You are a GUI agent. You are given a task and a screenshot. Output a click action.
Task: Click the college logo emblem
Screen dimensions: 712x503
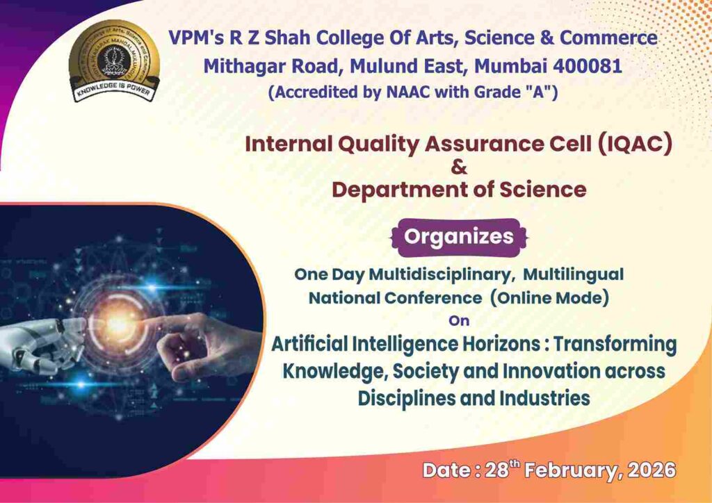[x=114, y=60]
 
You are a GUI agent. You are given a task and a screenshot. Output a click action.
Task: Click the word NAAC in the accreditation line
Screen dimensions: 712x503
[x=407, y=92]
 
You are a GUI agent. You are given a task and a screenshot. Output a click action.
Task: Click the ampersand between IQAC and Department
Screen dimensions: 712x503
[x=459, y=167]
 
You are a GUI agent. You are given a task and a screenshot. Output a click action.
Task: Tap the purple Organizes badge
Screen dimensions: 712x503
[x=459, y=237]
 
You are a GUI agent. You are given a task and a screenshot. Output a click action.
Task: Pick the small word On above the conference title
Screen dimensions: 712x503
[x=459, y=321]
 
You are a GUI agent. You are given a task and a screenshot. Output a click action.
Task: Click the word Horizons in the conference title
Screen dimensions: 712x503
[x=503, y=345]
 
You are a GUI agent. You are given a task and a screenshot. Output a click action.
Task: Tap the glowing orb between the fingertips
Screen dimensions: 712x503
[x=119, y=324]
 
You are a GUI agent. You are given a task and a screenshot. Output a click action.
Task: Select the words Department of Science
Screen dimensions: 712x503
[x=459, y=189]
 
